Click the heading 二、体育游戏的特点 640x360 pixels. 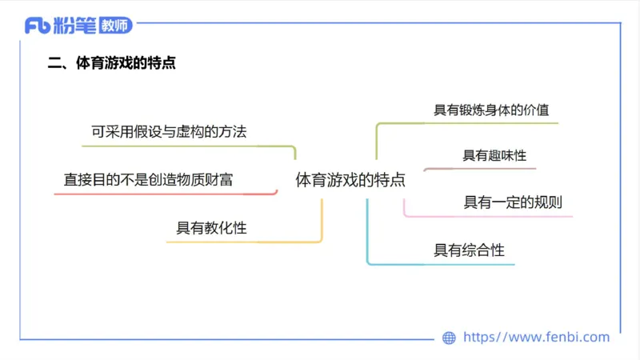pos(112,64)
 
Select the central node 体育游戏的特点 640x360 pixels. pos(350,180)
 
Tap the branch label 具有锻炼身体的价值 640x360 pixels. pos(491,110)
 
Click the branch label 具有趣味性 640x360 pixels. pos(494,155)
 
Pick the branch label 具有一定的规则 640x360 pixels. pos(513,202)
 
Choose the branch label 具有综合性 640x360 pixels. pos(470,250)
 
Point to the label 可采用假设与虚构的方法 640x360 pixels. pos(169,132)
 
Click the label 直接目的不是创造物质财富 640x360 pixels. pos(148,180)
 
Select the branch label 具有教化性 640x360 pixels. pos(211,228)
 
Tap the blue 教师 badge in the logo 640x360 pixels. pos(115,26)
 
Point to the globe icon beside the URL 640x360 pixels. pos(449,338)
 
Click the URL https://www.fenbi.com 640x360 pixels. pos(537,338)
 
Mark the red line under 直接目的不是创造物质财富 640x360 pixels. pos(160,194)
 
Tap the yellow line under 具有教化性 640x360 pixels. pos(240,242)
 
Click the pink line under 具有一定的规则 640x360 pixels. pos(488,216)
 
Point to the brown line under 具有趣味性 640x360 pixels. pos(480,169)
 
